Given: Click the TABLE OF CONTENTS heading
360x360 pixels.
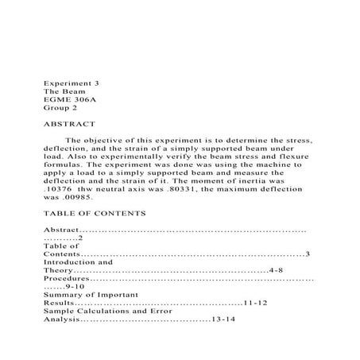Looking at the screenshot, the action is tap(95, 214).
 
